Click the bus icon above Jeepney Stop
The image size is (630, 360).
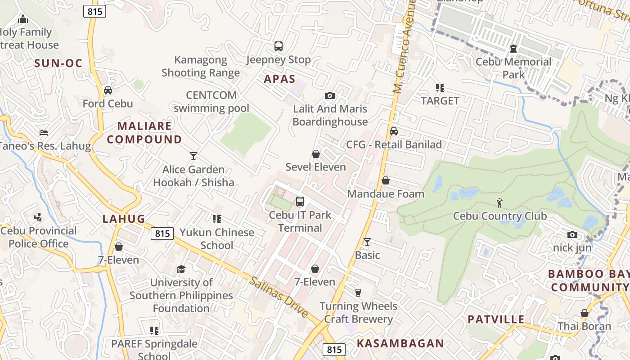[279, 46]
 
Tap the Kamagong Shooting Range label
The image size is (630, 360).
[201, 66]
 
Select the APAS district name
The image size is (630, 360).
[279, 79]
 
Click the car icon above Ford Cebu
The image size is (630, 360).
[108, 90]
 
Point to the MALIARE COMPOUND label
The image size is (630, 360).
[144, 133]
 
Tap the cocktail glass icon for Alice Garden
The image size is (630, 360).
[193, 156]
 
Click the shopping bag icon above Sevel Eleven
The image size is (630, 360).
[316, 154]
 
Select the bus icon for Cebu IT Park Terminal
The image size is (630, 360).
[300, 202]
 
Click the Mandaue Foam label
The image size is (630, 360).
[386, 194]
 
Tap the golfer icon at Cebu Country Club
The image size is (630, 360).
[499, 203]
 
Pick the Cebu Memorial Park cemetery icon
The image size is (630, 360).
[513, 49]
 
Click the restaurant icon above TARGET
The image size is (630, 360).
[440, 88]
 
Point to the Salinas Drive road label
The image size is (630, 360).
[279, 297]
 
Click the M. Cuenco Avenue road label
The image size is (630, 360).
[403, 47]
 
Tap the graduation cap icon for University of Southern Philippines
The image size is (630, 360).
[181, 269]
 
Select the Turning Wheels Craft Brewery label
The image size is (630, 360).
[358, 313]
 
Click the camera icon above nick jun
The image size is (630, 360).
[572, 234]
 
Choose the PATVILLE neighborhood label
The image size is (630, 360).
[496, 319]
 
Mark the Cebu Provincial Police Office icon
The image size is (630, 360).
[38, 217]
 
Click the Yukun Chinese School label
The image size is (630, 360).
[217, 239]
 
